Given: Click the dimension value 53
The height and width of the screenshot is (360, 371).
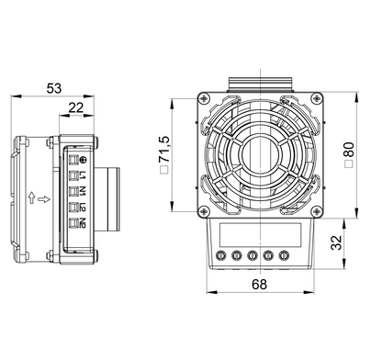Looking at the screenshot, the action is [x=54, y=88].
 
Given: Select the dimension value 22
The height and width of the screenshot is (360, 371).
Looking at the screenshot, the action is [x=76, y=107].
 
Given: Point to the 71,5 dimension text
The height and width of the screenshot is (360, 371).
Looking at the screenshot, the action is [x=164, y=149].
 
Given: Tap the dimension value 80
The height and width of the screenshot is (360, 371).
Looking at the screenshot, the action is [x=349, y=150].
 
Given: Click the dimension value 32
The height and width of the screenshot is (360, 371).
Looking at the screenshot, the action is [x=336, y=242].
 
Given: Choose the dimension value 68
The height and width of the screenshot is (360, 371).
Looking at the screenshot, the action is [x=259, y=285].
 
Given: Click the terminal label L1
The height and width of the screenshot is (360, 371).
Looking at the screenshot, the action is [x=83, y=175].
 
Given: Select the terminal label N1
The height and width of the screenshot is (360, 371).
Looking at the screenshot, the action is [x=83, y=191].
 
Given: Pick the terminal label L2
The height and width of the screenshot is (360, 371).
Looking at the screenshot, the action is [x=83, y=208].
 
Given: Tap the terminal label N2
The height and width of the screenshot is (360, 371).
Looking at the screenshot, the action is [x=83, y=223].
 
